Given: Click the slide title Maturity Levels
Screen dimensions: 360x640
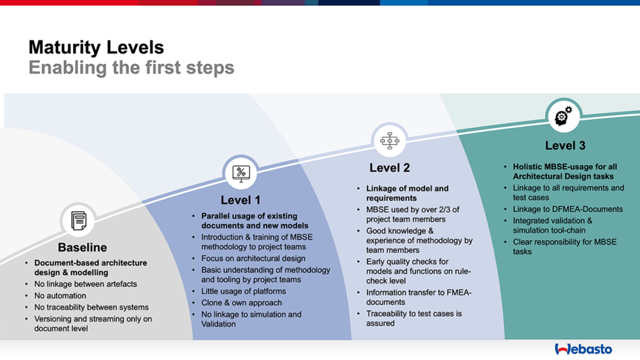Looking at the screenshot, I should (x=96, y=47).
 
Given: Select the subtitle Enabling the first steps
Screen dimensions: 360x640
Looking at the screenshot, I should (x=131, y=68).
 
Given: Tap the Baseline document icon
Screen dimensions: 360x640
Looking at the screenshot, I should (x=78, y=220).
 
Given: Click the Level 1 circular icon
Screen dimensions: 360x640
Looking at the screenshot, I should (x=241, y=172).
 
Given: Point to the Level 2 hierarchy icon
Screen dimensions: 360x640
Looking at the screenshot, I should (x=389, y=140).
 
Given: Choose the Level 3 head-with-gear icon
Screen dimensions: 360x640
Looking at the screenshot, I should (x=562, y=116).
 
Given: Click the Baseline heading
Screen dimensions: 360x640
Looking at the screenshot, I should (x=82, y=248).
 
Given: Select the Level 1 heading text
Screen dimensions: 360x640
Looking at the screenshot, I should (x=240, y=200).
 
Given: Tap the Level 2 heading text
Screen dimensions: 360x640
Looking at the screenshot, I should (x=389, y=168).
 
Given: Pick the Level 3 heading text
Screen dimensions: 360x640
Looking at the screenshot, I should (x=565, y=146).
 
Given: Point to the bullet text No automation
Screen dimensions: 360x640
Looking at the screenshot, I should (x=60, y=296).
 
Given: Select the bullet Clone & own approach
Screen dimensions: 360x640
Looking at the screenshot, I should (x=242, y=303).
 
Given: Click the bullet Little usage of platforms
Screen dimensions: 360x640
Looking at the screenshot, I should (x=243, y=291).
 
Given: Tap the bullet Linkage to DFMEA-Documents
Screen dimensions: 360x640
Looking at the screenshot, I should (x=568, y=210).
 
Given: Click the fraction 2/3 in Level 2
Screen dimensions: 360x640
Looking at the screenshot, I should (x=451, y=210).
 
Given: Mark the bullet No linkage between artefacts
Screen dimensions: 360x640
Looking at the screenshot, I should (x=86, y=284).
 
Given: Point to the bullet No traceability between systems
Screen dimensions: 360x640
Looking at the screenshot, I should (x=91, y=307).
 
